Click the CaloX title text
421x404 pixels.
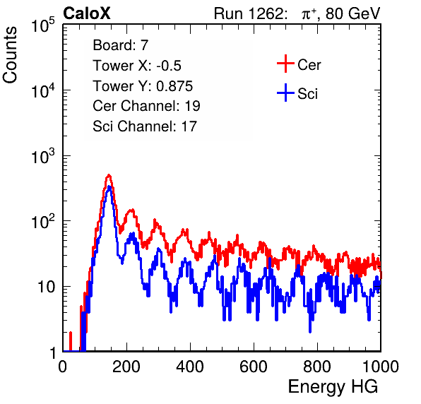87,13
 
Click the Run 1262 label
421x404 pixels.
249,13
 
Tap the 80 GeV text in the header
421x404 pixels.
352,13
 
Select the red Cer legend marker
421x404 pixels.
285,64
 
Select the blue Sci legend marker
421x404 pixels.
285,93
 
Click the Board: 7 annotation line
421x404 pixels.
121,45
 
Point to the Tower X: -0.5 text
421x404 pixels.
137,66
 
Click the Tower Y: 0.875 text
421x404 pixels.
143,86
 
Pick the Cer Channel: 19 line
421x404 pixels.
146,106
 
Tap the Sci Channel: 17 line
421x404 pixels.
145,126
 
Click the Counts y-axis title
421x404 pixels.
10,55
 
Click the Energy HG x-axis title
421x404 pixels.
333,387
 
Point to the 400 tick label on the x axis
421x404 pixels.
190,367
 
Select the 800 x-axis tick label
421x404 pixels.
317,367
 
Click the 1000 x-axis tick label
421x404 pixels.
381,367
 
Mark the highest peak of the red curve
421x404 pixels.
109,175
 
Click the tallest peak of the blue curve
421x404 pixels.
109,186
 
